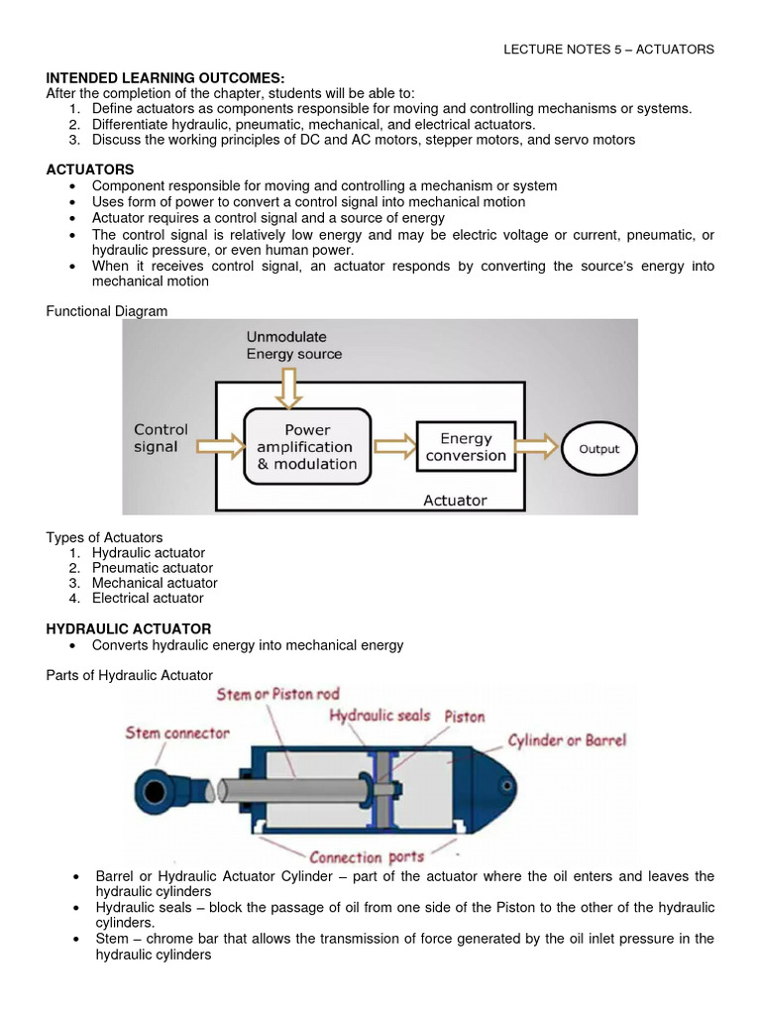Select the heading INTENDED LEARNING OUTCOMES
(165, 77)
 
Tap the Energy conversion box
(466, 447)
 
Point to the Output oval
(598, 449)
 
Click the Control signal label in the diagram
(161, 438)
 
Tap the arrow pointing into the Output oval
(537, 448)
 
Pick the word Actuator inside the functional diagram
(455, 501)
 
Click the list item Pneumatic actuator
(152, 568)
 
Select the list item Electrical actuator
(148, 598)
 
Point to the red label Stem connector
(177, 733)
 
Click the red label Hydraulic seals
(380, 715)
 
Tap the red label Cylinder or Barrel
(567, 740)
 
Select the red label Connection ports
(367, 856)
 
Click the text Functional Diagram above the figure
(107, 311)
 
